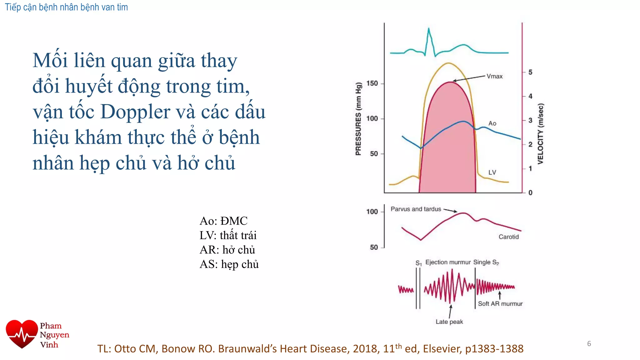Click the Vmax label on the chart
pyautogui.click(x=494, y=76)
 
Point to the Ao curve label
pyautogui.click(x=492, y=123)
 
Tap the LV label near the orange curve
pyautogui.click(x=492, y=172)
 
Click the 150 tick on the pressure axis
pyautogui.click(x=372, y=83)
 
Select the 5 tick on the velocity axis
pyautogui.click(x=530, y=72)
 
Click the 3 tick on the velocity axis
pyautogui.click(x=530, y=120)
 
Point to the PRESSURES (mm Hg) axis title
pyautogui.click(x=358, y=119)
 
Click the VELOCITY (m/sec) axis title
pyautogui.click(x=541, y=134)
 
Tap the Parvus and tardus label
pyautogui.click(x=416, y=209)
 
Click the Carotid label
pyautogui.click(x=508, y=237)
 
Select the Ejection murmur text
pyautogui.click(x=448, y=262)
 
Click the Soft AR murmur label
pyautogui.click(x=500, y=304)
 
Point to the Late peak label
pyautogui.click(x=449, y=322)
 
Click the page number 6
pyautogui.click(x=589, y=344)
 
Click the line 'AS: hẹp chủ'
pyautogui.click(x=229, y=264)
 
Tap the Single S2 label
pyautogui.click(x=486, y=262)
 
